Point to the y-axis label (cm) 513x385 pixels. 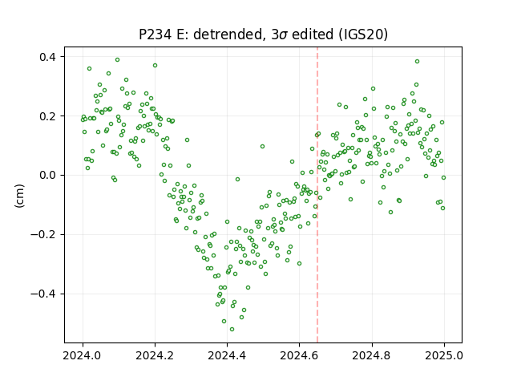pos(19,196)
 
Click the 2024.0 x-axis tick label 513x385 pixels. pos(83,355)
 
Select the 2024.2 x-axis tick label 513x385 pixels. pos(155,355)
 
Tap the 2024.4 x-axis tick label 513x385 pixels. pos(227,355)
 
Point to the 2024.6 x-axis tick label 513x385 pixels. pos(299,355)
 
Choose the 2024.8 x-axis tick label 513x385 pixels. pos(372,355)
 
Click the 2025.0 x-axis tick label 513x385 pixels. pos(444,355)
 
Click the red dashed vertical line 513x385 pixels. pos(317,195)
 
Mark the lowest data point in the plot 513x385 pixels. pos(232,330)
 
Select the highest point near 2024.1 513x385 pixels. pos(118,60)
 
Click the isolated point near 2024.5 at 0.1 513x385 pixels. pos(262,146)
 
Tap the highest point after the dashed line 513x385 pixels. pos(417,62)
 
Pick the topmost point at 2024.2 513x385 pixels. pos(155,66)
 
